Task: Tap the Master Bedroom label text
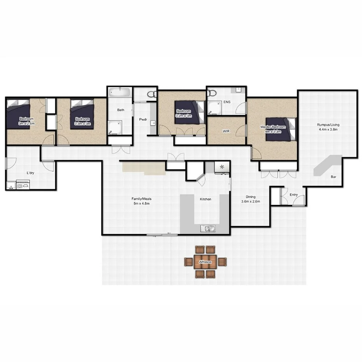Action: click(273, 129)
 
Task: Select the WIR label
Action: click(227, 131)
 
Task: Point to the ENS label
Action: click(227, 103)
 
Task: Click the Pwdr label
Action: click(143, 119)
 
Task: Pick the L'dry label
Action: click(31, 173)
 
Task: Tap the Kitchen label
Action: click(205, 199)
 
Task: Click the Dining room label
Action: click(250, 199)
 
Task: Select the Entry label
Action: click(294, 194)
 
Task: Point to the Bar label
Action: click(333, 177)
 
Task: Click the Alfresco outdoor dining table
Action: click(205, 262)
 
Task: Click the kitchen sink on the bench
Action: click(208, 228)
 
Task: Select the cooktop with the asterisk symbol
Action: click(222, 167)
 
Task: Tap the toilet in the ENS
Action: click(212, 93)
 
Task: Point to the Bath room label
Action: click(121, 110)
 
